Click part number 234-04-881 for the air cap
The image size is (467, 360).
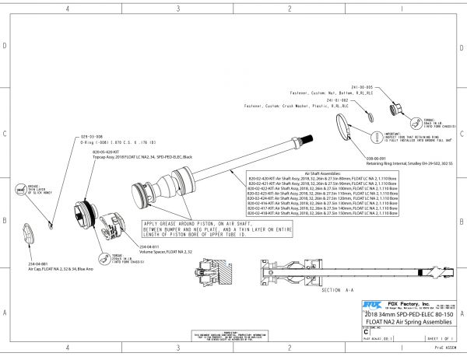tap(38, 264)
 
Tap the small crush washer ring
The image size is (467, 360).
tap(369, 114)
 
